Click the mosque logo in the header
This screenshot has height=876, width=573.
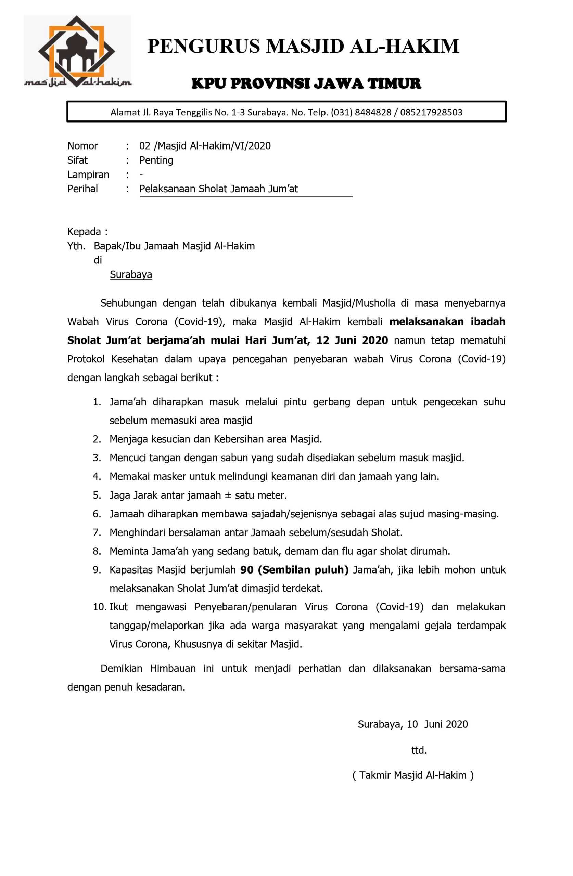tap(77, 52)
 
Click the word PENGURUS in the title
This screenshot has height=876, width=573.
tap(203, 47)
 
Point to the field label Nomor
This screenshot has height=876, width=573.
tap(82, 146)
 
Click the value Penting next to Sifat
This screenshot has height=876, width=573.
tap(156, 160)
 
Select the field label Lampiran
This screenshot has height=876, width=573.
tap(88, 175)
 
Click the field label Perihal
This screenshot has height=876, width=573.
tap(82, 189)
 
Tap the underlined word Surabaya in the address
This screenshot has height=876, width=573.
tap(131, 274)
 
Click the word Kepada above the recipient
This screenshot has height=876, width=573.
tap(84, 232)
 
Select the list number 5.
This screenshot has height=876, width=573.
tap(97, 495)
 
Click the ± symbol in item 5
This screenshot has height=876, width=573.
tap(228, 495)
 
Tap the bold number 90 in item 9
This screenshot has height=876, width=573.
tap(247, 570)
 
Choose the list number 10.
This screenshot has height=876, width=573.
tap(99, 607)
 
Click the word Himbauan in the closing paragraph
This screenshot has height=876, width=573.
tap(173, 668)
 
